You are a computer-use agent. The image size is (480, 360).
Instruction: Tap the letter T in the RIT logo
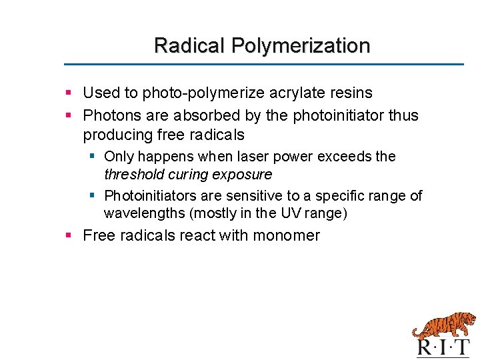point(461,347)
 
